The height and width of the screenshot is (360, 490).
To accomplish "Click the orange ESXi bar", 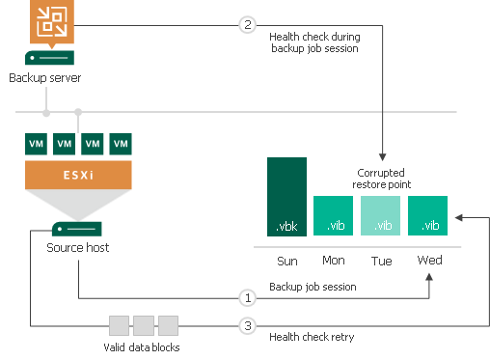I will coord(78,175).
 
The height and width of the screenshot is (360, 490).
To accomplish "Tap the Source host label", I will coord(78,248).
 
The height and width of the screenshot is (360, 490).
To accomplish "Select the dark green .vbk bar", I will coord(286,197).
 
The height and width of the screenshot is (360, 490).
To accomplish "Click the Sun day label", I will coord(286,261).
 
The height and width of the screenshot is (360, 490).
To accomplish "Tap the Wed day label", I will coord(429,261).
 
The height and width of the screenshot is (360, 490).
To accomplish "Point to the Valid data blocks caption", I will coord(144,346).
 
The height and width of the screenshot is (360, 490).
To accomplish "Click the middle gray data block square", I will coord(144,325).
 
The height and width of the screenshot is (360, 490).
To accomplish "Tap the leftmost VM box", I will coord(36,144).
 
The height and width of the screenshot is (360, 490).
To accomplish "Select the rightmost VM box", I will coord(121,144).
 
